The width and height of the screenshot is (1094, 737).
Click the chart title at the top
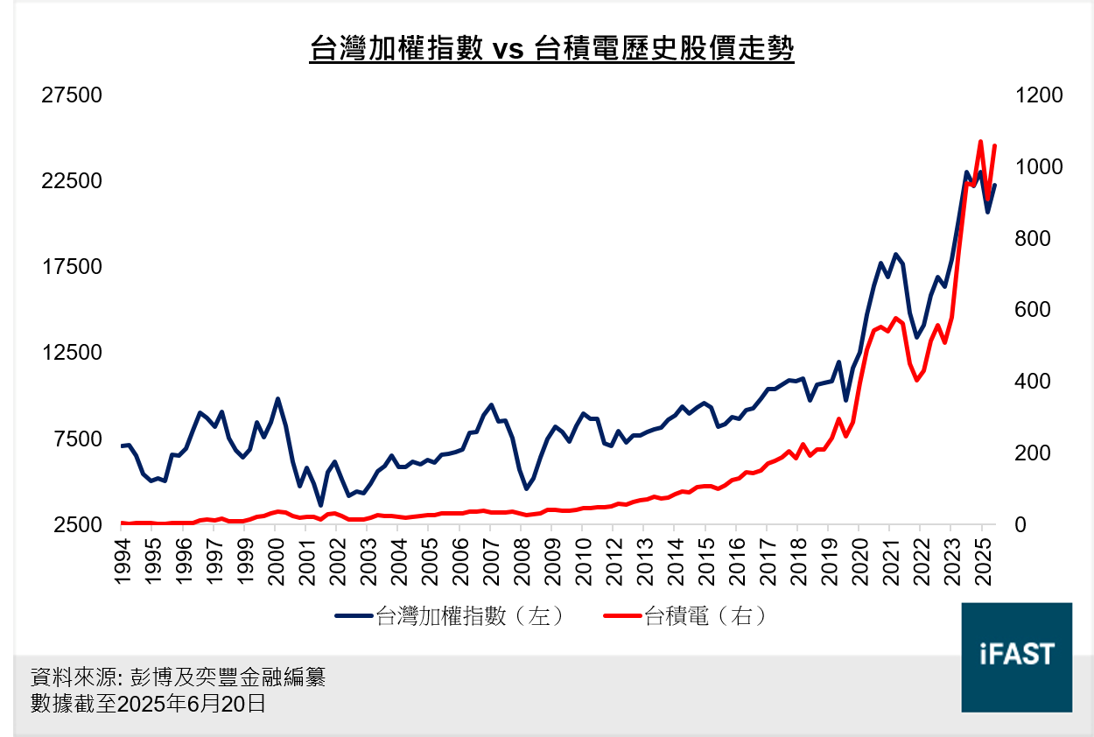[x=552, y=48]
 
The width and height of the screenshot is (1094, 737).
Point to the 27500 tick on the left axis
[x=73, y=95]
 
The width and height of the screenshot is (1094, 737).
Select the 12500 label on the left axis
[x=73, y=353]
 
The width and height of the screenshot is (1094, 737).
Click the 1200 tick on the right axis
[x=1039, y=95]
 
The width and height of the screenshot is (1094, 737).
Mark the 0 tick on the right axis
[x=1020, y=524]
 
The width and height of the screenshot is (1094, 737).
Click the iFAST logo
[x=1016, y=656]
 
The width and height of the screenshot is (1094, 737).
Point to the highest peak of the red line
[x=980, y=141]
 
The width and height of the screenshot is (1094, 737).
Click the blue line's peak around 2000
[x=277, y=399]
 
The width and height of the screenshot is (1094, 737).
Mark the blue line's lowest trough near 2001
[x=320, y=505]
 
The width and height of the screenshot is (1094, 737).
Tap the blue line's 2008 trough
[x=527, y=488]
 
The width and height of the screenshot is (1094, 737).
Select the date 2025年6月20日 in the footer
[x=191, y=704]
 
